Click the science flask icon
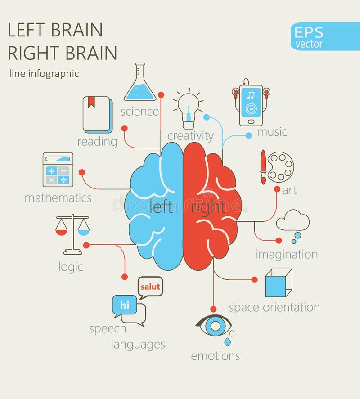pyautogui.click(x=139, y=83)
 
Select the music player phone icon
pyautogui.click(x=251, y=103)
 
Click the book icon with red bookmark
pyautogui.click(x=98, y=115)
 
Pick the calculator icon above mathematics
pyautogui.click(x=58, y=170)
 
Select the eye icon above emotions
pyautogui.click(x=214, y=325)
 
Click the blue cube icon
pyautogui.click(x=278, y=283)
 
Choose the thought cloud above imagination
pyautogui.click(x=293, y=221)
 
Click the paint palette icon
pyautogui.click(x=280, y=166)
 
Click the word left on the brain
pyautogui.click(x=161, y=207)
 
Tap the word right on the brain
pyautogui.click(x=208, y=207)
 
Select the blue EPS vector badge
pyautogui.click(x=318, y=36)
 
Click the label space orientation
pyautogui.click(x=274, y=308)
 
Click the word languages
pyautogui.click(x=138, y=345)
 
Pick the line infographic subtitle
pyautogui.click(x=44, y=74)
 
